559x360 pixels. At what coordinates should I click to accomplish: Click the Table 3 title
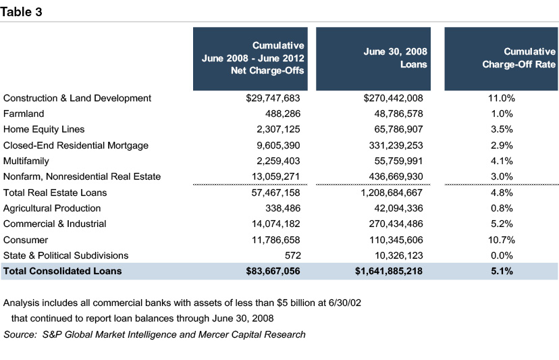[22, 11]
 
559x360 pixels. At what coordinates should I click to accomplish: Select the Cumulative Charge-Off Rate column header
[519, 59]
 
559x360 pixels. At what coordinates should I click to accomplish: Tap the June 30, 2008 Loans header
[395, 59]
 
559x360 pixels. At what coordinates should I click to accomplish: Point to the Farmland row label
[24, 113]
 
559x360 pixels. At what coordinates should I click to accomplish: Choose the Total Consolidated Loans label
[62, 271]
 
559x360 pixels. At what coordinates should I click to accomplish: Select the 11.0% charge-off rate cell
[501, 98]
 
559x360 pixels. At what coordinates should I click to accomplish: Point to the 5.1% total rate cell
[501, 271]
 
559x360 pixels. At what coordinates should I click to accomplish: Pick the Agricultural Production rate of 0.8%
[501, 208]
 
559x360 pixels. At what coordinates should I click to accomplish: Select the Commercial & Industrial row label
[55, 224]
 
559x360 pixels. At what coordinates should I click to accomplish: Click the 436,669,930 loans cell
[393, 176]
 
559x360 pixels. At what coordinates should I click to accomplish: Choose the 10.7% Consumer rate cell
[501, 240]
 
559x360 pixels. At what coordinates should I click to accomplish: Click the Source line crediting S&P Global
[155, 334]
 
